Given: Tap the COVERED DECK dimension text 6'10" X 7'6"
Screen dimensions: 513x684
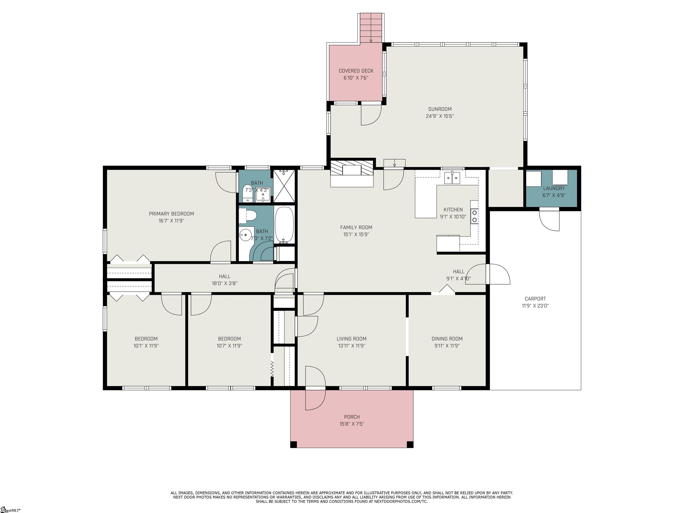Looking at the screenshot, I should click(356, 78).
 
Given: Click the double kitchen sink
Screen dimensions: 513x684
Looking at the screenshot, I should click(452, 178).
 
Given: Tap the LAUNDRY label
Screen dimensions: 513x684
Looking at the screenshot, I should click(554, 188).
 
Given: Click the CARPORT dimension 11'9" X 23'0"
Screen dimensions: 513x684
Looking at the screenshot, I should click(535, 306).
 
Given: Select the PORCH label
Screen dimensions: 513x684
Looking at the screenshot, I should click(352, 417).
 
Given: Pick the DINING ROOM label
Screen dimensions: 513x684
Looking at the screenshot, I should click(447, 339).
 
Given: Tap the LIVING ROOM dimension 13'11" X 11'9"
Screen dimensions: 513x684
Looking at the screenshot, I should click(352, 346).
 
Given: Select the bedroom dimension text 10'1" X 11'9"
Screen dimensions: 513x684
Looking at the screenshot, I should click(146, 346).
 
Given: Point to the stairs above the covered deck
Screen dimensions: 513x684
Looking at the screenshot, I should click(371, 27).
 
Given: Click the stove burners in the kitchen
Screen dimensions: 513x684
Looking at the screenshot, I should click(474, 216).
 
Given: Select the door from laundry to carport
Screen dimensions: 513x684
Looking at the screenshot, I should click(549, 220).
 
